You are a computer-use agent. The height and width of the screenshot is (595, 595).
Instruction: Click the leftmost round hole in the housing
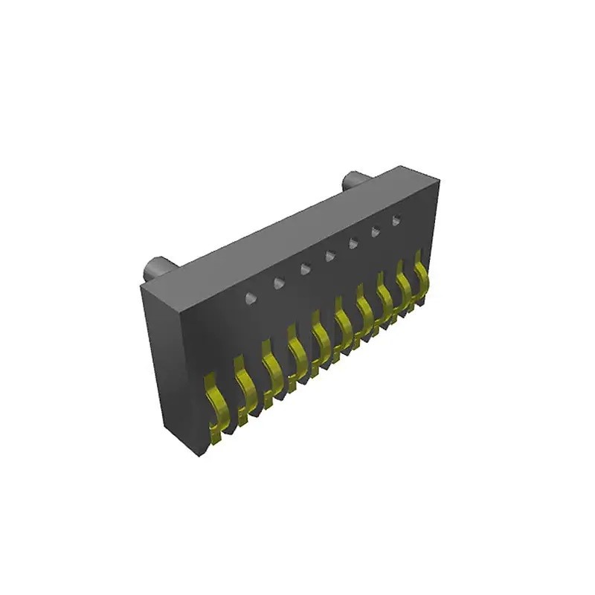[x=251, y=298]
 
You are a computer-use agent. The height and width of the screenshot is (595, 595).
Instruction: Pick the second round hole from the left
[x=279, y=283]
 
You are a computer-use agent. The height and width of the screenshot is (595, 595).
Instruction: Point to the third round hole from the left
[x=305, y=268]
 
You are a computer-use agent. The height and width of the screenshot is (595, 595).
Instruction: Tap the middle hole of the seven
[x=329, y=256]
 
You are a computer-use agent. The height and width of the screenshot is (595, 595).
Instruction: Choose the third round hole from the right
[x=353, y=242]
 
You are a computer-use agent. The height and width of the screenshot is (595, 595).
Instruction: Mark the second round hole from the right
[x=376, y=231]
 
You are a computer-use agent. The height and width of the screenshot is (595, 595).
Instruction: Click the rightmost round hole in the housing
[x=396, y=219]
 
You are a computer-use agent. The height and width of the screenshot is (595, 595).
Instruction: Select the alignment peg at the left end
[x=158, y=266]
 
